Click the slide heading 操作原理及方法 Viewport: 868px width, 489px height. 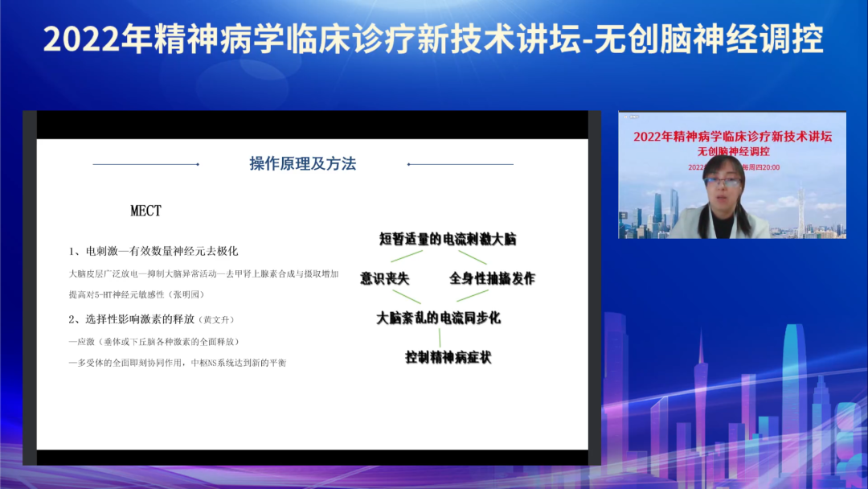click(x=302, y=164)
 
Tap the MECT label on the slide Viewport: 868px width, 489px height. click(x=146, y=211)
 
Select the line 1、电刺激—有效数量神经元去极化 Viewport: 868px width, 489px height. click(x=154, y=251)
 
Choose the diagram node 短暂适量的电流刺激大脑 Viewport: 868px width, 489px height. click(x=448, y=239)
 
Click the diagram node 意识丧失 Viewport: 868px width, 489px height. click(x=384, y=278)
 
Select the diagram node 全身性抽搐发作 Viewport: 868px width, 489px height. click(x=492, y=278)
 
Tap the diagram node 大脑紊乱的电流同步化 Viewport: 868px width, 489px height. click(x=438, y=318)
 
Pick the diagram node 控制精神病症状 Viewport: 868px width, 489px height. click(x=448, y=357)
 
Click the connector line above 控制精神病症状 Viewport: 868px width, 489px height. click(x=439, y=337)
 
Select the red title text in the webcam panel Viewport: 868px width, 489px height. click(x=732, y=136)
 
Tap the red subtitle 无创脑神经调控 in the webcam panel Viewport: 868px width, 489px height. click(x=733, y=150)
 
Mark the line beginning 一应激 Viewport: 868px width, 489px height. click(x=154, y=341)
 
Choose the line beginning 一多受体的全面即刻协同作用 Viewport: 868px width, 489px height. click(x=178, y=363)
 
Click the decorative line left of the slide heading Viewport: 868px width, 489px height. click(x=145, y=164)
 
